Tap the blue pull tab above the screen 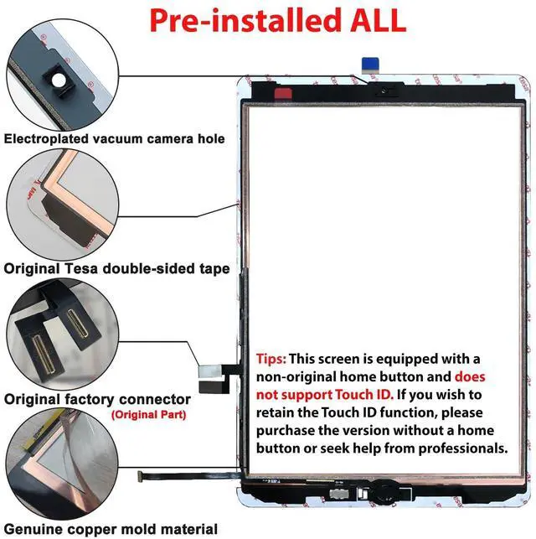tap(370, 65)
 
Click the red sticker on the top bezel tap(283, 93)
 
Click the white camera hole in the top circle tap(59, 80)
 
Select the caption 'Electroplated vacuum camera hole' tap(115, 139)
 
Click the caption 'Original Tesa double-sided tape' tap(116, 268)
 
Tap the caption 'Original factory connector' tap(97, 399)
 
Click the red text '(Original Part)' tap(149, 415)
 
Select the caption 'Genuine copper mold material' tap(111, 529)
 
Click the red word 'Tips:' tap(271, 359)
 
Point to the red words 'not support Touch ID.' tap(325, 395)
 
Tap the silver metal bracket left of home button tap(339, 494)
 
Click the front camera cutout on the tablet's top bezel tap(384, 91)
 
